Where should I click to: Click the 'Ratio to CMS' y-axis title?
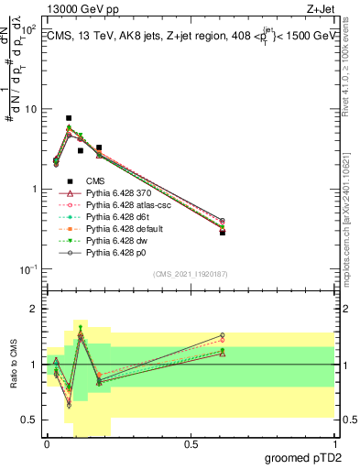[x=14, y=365]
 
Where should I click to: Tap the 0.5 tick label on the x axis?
[x=191, y=443]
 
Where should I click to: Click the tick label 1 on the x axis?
[x=334, y=443]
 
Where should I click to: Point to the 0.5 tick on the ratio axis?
[x=32, y=420]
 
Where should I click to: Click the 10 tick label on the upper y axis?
[x=30, y=109]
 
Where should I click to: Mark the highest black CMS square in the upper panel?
[x=69, y=118]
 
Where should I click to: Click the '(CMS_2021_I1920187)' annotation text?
[x=190, y=273]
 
